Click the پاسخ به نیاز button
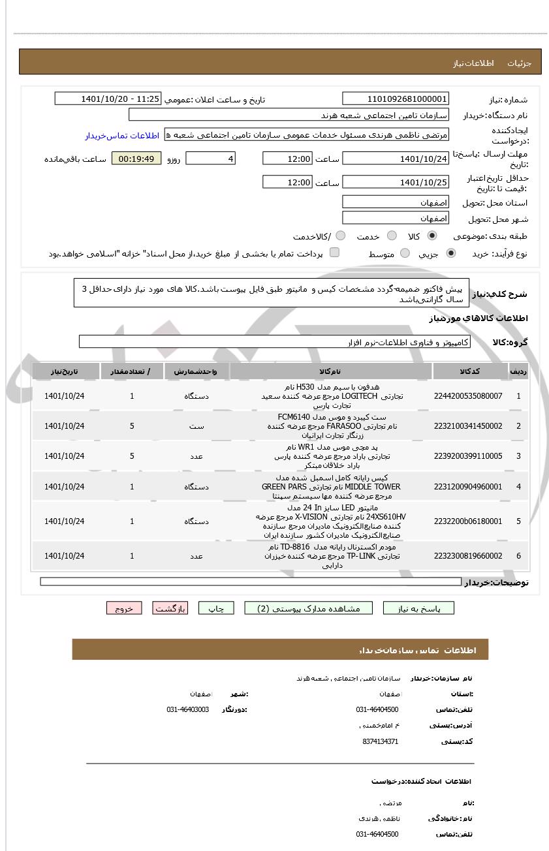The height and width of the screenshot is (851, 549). tap(427, 608)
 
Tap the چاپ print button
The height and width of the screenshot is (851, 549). tap(216, 608)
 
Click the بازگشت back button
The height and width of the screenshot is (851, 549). tap(170, 608)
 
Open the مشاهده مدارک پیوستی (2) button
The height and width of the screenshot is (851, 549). tap(308, 608)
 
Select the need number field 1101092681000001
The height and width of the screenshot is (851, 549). tap(396, 99)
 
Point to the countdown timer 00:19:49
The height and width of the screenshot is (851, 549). tap(136, 159)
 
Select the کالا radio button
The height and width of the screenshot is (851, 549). tap(432, 236)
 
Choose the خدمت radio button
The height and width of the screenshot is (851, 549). tap(392, 236)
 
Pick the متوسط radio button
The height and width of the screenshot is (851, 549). tap(405, 253)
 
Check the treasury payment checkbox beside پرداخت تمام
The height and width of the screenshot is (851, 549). tap(334, 253)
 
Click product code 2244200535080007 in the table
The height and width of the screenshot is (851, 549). tap(468, 396)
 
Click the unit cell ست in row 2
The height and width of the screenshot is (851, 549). tap(196, 426)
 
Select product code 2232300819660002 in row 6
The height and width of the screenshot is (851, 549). tap(468, 556)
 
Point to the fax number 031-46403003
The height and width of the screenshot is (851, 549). tap(188, 709)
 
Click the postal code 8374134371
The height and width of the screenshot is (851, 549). tap(380, 741)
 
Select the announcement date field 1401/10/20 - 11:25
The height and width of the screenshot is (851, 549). tap(108, 99)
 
